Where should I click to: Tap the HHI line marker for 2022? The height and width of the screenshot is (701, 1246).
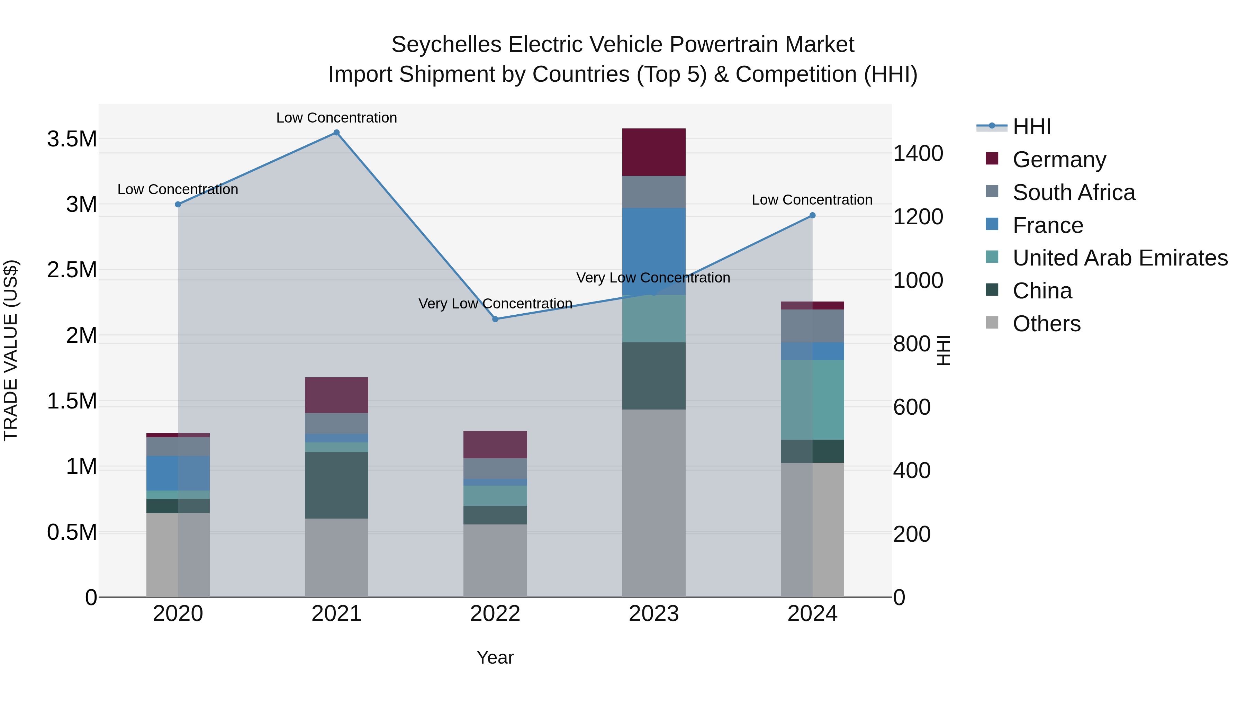pyautogui.click(x=495, y=319)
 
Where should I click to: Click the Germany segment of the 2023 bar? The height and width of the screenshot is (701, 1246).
pyautogui.click(x=653, y=152)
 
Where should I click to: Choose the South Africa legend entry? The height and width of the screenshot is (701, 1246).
pyautogui.click(x=1073, y=192)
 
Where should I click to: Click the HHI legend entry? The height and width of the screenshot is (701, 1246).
pyautogui.click(x=1031, y=127)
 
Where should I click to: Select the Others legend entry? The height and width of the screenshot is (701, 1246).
pyautogui.click(x=1046, y=324)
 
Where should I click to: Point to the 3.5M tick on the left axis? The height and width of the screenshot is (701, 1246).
pyautogui.click(x=72, y=139)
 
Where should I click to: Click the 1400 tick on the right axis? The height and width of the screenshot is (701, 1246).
pyautogui.click(x=918, y=153)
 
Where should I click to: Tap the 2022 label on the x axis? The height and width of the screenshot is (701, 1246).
pyautogui.click(x=495, y=614)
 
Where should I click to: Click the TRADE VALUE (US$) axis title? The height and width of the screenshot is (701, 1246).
pyautogui.click(x=11, y=350)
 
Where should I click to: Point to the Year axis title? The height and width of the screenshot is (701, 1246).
pyautogui.click(x=495, y=657)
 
